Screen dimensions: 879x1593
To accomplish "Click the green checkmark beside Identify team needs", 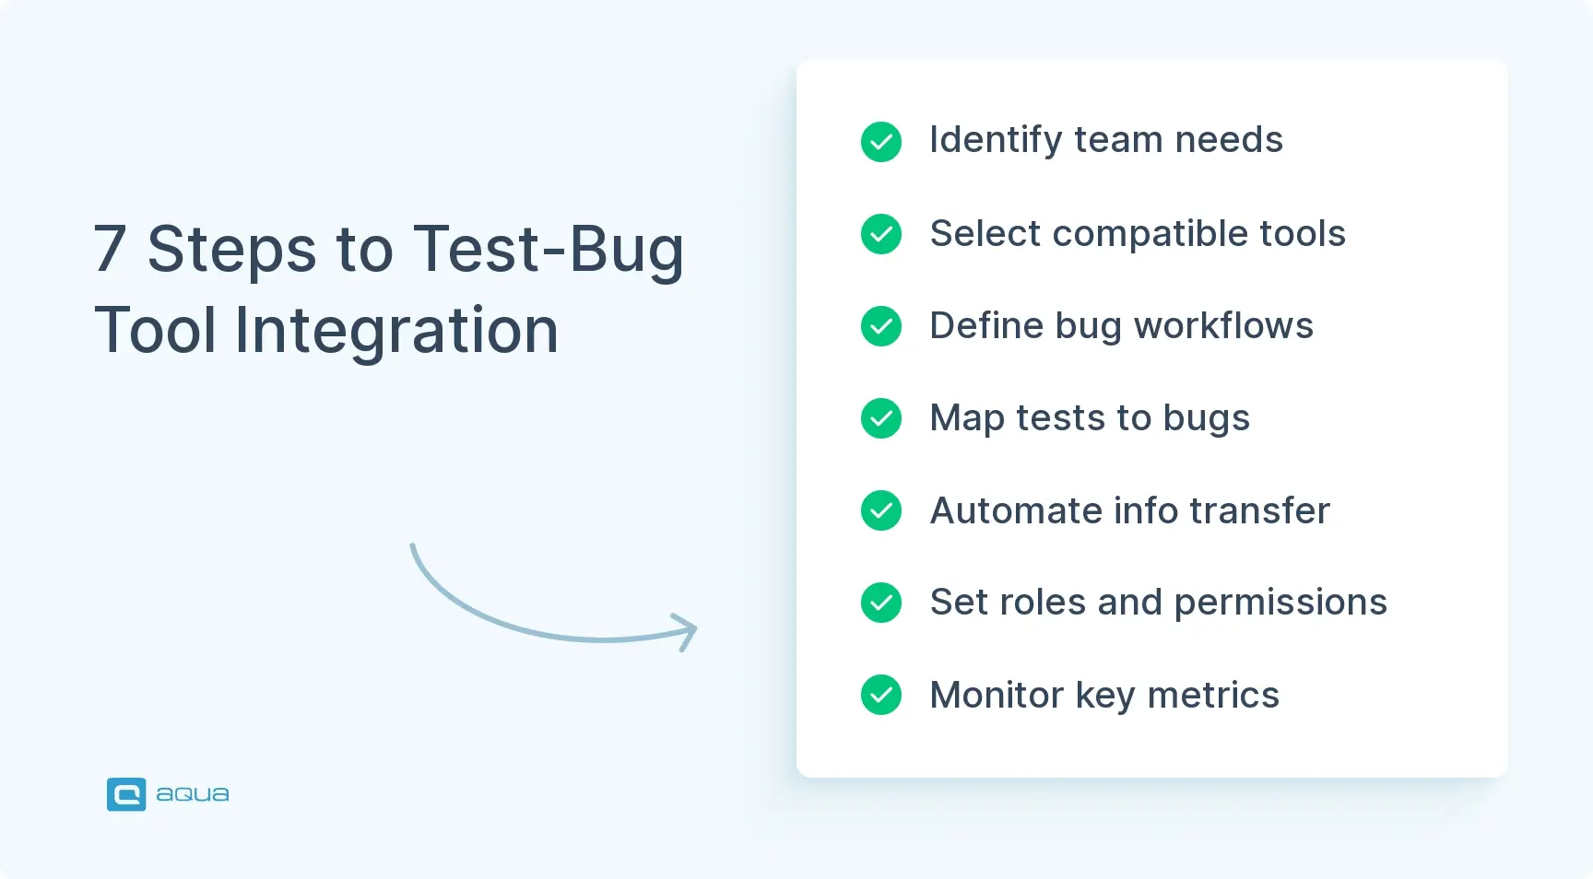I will (881, 142).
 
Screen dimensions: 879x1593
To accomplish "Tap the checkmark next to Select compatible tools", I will (881, 234).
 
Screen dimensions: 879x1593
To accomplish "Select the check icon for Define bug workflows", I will (881, 326).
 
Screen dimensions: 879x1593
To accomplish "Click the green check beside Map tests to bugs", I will (881, 418).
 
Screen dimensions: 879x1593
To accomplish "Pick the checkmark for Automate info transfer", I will (881, 510).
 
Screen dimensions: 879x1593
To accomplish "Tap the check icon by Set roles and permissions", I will (881, 603).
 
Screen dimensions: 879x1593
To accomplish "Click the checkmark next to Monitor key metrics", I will (881, 695).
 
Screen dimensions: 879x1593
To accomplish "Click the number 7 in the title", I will (110, 250).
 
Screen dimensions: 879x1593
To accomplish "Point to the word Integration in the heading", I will (396, 331).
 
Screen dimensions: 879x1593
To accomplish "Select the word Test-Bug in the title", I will (548, 250).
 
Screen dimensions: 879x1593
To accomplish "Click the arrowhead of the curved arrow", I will (687, 630).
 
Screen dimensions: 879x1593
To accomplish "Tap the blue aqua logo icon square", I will (126, 794).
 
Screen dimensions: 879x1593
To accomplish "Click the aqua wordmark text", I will (192, 794).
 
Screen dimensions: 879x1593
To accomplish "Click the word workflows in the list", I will (1223, 326).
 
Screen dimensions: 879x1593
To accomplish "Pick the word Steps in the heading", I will (231, 250).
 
